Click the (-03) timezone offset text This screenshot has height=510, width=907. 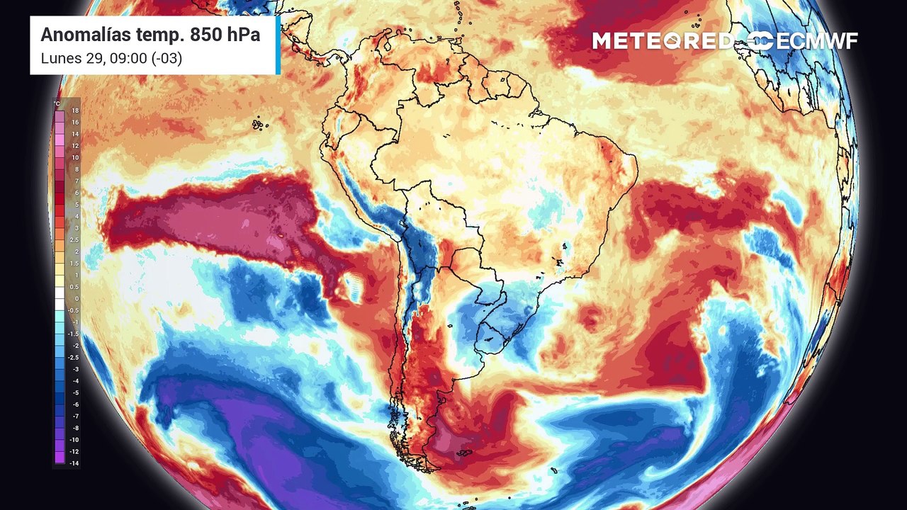(x=164, y=58)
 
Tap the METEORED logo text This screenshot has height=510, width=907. (x=662, y=41)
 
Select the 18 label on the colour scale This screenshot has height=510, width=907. (x=74, y=111)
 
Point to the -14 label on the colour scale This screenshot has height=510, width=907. (x=74, y=463)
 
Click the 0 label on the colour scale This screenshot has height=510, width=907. (x=76, y=299)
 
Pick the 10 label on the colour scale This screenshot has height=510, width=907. (x=74, y=158)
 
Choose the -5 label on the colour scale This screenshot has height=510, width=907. (x=74, y=393)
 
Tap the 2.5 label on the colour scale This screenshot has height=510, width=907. (x=74, y=240)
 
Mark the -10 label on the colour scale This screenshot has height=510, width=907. (x=74, y=440)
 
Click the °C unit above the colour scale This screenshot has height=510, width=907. (x=57, y=103)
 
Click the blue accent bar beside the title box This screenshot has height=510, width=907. (x=278, y=45)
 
